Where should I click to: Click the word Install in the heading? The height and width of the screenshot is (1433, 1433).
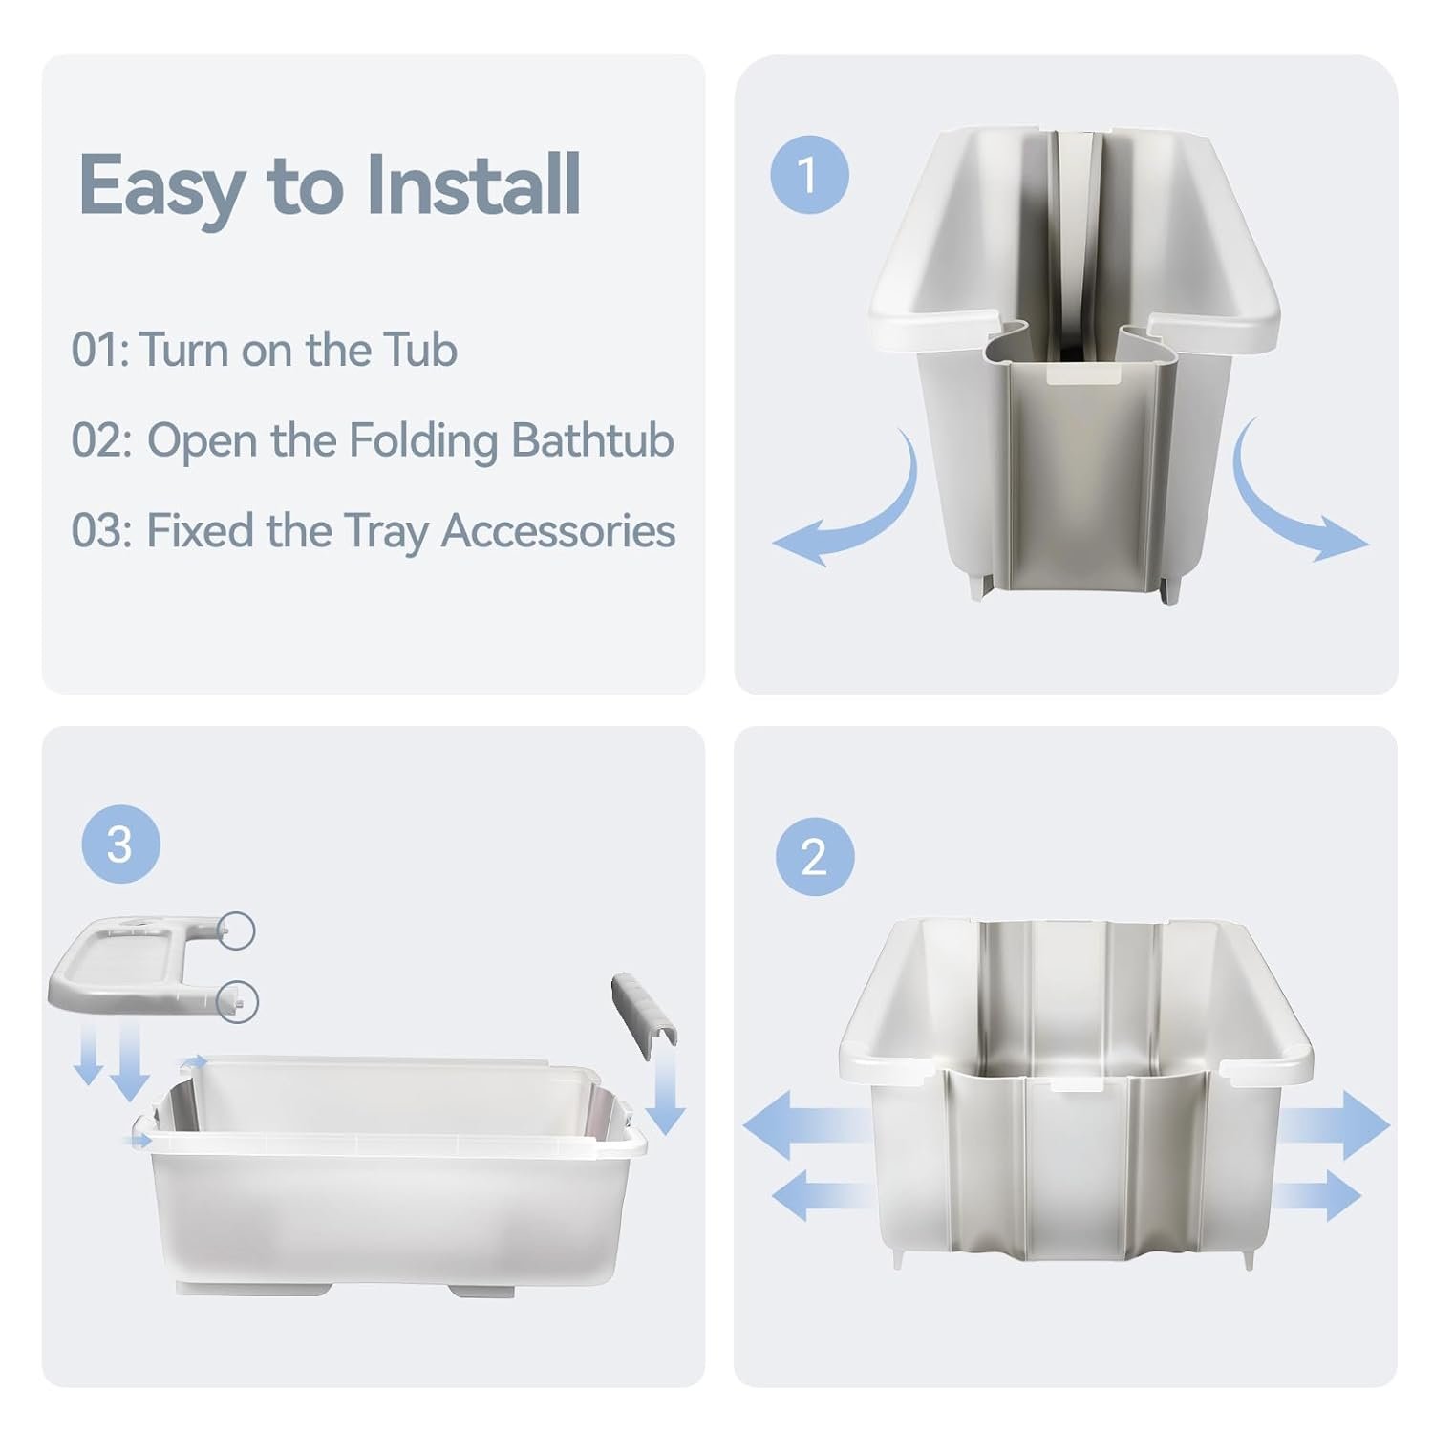pos(473,184)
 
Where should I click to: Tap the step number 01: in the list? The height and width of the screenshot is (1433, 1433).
pos(99,350)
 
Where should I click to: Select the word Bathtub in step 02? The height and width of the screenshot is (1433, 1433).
pos(592,440)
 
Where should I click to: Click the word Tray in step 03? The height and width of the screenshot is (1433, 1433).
pos(385,532)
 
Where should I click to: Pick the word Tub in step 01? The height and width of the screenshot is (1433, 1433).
pos(420,350)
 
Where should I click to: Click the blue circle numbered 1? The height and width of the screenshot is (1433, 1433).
pos(809,175)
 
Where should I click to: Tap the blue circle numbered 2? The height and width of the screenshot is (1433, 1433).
pos(814,857)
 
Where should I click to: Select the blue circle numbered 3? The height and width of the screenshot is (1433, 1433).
pos(120,845)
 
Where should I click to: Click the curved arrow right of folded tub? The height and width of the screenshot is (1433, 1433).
pos(1294,502)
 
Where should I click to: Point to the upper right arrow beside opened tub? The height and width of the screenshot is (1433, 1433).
pos(1333,1124)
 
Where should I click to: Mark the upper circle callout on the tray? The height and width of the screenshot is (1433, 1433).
pos(237,930)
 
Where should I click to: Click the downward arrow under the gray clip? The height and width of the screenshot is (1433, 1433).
pos(666,1094)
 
